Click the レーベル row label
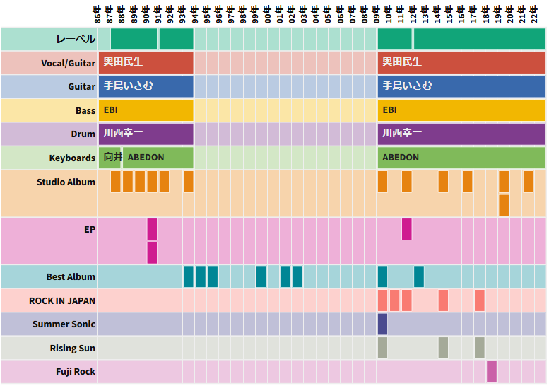76,40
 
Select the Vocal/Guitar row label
68,63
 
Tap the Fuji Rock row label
76,372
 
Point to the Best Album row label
71,276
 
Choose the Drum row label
83,134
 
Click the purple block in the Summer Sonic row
382,324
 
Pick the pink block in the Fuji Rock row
491,371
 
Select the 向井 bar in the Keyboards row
112,158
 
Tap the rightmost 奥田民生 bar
461,62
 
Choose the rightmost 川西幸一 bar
461,134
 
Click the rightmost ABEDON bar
461,158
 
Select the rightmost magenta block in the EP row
406,229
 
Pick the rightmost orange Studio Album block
528,182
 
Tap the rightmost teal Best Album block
419,276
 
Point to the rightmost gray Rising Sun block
479,348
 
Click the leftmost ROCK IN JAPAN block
382,300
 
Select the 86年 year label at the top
98,13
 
